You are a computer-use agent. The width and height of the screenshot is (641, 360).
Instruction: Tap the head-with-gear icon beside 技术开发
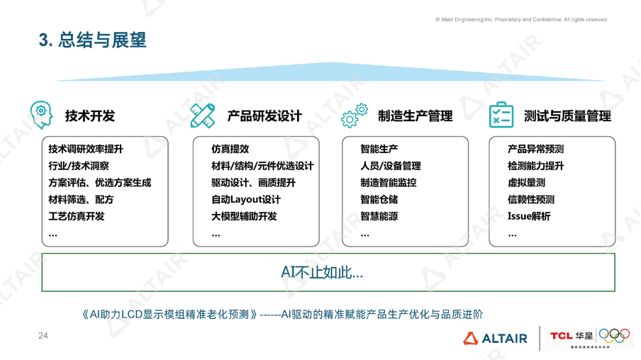[41, 114]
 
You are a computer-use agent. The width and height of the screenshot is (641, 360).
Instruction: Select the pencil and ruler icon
[202, 115]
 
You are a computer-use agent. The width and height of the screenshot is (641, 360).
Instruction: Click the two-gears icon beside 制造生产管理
[355, 114]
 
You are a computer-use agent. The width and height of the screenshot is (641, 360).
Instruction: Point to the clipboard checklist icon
[501, 115]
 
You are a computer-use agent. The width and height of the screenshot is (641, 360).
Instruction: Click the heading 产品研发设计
[264, 116]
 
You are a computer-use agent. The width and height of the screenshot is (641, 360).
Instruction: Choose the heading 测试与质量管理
[567, 116]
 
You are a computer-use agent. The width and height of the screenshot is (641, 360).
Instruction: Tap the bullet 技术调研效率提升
[86, 150]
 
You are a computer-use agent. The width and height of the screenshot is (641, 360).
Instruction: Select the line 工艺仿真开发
[77, 216]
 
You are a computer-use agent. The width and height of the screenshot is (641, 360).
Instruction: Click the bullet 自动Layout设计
[246, 199]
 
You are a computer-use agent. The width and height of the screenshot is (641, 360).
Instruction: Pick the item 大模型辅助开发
[244, 216]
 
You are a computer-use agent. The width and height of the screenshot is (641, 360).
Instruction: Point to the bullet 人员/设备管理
[391, 166]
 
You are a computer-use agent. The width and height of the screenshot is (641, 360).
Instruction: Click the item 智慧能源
[379, 216]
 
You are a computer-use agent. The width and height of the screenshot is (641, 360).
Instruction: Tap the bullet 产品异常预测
[536, 150]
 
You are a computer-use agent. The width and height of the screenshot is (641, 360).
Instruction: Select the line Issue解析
[529, 216]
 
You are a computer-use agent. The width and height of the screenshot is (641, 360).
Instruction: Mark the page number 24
[43, 335]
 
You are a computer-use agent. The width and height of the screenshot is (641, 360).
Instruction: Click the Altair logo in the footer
[496, 338]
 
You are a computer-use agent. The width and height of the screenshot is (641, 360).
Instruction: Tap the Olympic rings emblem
[614, 335]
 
